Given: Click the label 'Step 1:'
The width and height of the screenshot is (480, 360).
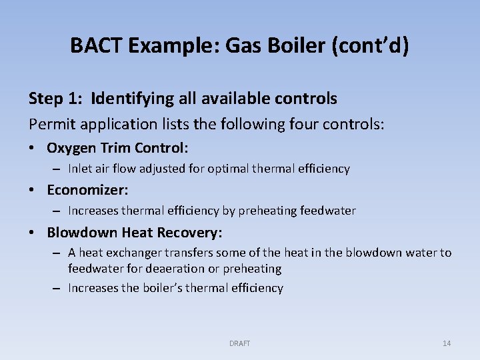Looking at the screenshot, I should click(x=56, y=99).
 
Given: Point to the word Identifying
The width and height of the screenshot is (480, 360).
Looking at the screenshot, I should click(x=133, y=99).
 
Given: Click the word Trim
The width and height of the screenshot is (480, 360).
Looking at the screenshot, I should click(x=117, y=147).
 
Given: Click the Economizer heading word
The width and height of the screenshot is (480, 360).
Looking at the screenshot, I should click(x=87, y=190).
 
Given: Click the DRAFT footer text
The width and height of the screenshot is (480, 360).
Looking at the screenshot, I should click(x=239, y=343).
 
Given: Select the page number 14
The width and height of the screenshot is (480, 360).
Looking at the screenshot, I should click(x=447, y=343).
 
